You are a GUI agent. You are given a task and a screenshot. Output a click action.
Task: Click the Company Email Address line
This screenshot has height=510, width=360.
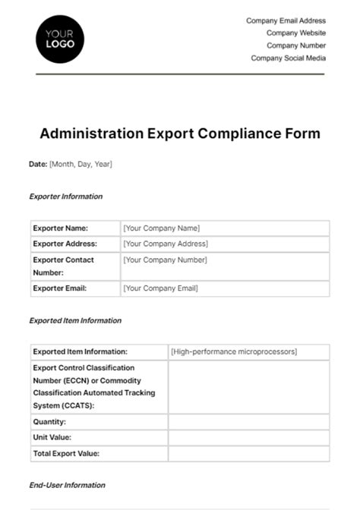pyautogui.click(x=286, y=21)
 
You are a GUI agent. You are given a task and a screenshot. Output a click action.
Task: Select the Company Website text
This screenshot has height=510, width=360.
pyautogui.click(x=296, y=33)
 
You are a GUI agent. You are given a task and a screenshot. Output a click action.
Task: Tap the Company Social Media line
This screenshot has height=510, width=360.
pyautogui.click(x=289, y=58)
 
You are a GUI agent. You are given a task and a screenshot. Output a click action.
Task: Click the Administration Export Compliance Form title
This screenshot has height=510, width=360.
pyautogui.click(x=180, y=134)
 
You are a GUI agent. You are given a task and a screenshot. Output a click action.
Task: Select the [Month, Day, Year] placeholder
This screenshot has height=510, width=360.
pyautogui.click(x=81, y=164)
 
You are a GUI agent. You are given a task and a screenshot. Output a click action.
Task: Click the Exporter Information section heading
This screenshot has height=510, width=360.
pyautogui.click(x=65, y=197)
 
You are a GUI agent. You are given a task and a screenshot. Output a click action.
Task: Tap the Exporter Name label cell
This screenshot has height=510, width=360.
pyautogui.click(x=61, y=228)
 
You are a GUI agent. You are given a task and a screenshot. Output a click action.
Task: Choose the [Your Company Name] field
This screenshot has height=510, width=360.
pyautogui.click(x=161, y=228)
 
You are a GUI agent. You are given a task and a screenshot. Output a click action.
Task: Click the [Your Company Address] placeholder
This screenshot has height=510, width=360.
pyautogui.click(x=165, y=244)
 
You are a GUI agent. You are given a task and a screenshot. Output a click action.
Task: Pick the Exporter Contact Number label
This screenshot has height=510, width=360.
pyautogui.click(x=64, y=266)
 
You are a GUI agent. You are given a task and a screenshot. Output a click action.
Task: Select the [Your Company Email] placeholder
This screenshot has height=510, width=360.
pyautogui.click(x=160, y=288)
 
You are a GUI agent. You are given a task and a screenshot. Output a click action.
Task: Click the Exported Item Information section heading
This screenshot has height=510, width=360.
pyautogui.click(x=75, y=320)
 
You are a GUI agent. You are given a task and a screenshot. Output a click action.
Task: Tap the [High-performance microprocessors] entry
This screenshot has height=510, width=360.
pyautogui.click(x=234, y=351)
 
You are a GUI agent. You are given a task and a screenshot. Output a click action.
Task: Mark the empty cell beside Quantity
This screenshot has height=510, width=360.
pyautogui.click(x=248, y=421)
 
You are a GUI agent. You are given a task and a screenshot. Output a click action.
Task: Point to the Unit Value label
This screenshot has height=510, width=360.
pyautogui.click(x=52, y=437)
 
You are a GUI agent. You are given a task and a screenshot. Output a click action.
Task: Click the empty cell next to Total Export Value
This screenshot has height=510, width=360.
pyautogui.click(x=248, y=453)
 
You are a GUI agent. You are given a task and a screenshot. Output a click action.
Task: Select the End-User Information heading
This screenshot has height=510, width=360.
pyautogui.click(x=67, y=485)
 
